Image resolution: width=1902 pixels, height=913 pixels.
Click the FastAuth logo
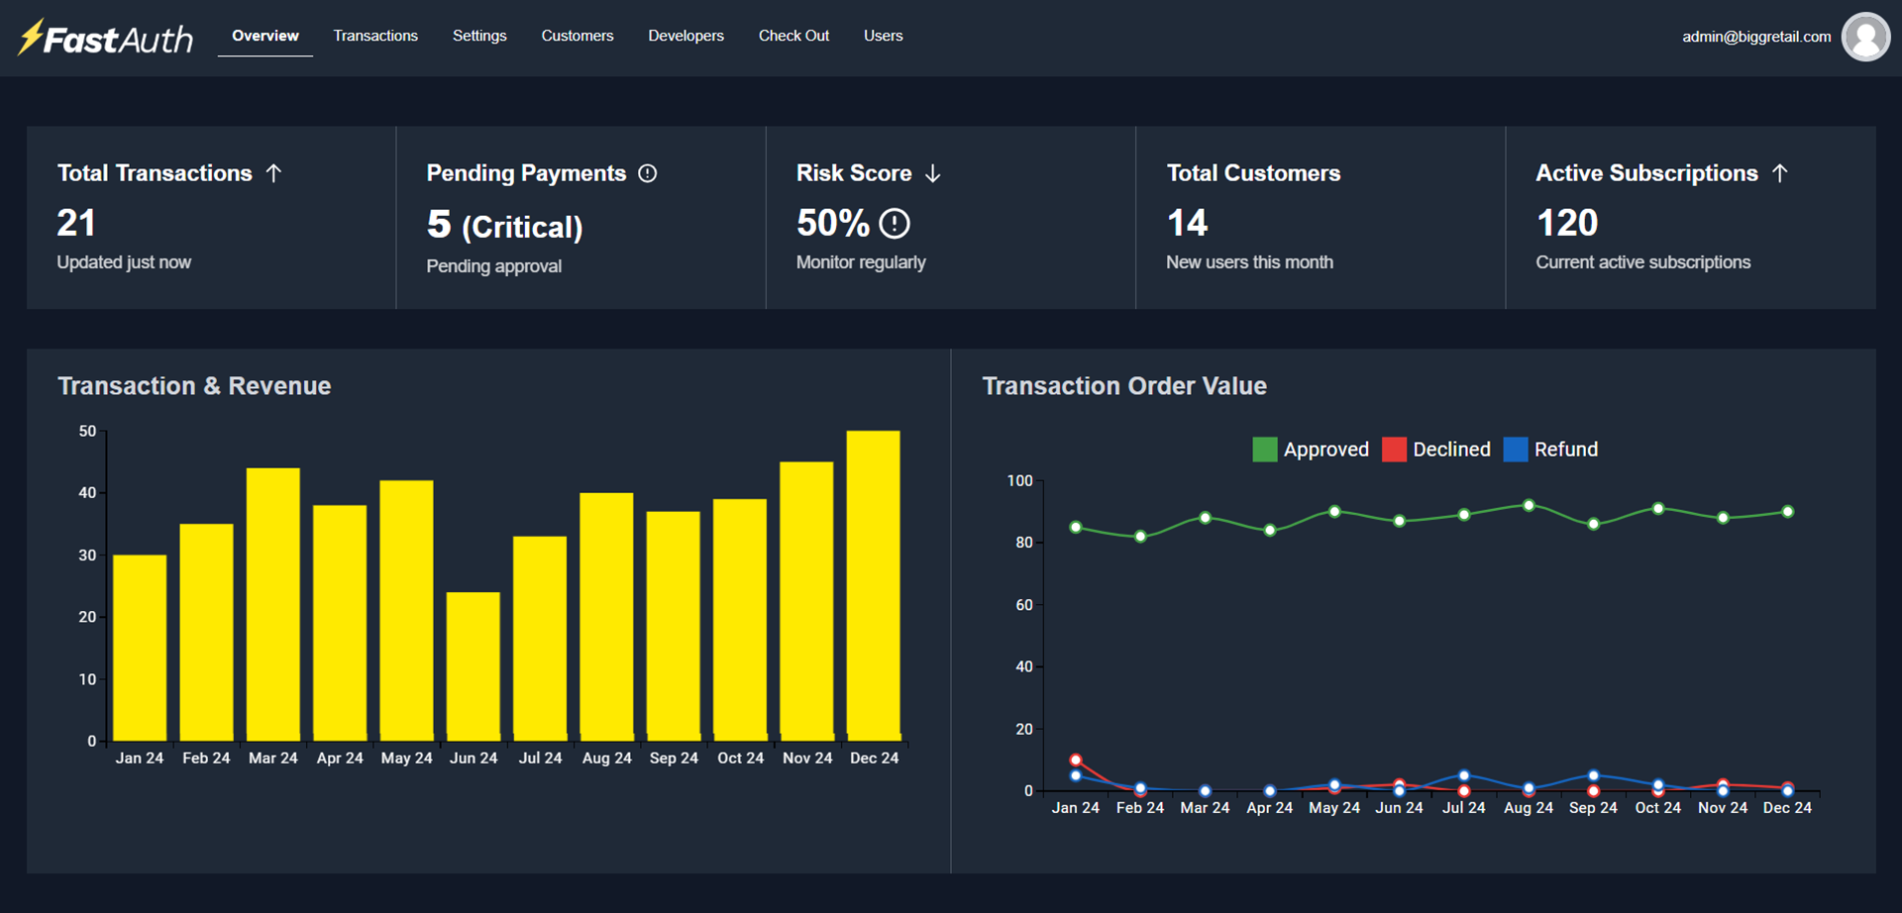click(106, 38)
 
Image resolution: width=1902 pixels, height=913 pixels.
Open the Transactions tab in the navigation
click(375, 36)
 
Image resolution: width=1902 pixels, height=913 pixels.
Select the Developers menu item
click(686, 36)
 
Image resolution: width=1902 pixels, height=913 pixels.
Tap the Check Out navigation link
click(793, 36)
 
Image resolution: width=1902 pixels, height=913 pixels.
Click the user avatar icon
click(1865, 37)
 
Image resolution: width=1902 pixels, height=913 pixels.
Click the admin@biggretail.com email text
click(1755, 37)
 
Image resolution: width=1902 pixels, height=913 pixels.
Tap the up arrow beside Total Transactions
click(274, 173)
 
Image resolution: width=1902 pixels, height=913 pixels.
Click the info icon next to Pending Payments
click(647, 173)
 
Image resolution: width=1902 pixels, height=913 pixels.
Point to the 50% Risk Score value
click(833, 223)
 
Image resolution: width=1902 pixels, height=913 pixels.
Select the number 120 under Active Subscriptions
click(1566, 223)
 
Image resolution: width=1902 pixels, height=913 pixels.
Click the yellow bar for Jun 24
click(474, 665)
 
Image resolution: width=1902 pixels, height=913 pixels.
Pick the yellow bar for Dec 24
click(874, 584)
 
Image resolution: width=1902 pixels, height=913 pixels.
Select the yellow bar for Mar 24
click(273, 604)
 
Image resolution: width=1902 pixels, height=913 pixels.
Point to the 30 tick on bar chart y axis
click(88, 556)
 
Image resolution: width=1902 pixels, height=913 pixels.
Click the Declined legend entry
click(1436, 450)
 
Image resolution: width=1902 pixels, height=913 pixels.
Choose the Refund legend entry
click(1551, 450)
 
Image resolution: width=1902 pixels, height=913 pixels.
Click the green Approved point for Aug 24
click(1529, 506)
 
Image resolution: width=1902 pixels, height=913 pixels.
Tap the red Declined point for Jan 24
click(1076, 761)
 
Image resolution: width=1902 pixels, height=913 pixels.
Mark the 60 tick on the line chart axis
click(1024, 605)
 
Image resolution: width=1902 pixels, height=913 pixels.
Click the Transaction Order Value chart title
click(1123, 386)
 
